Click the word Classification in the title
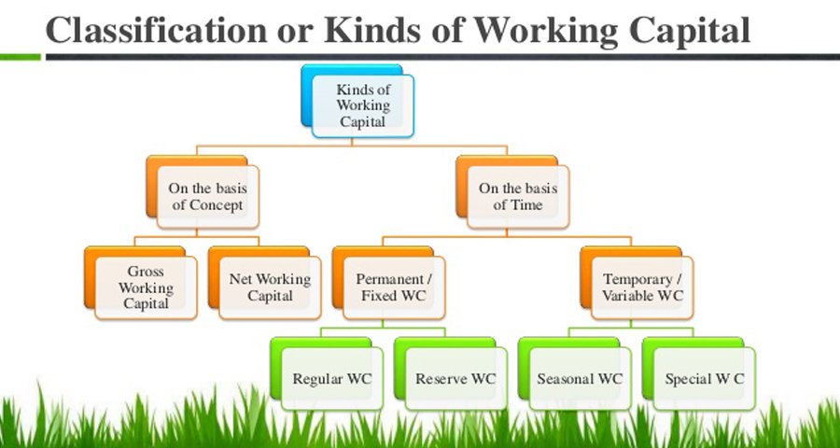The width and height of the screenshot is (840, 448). coord(157,30)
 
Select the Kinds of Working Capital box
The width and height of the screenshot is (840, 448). coord(357,102)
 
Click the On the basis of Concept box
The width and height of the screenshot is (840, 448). coord(203,192)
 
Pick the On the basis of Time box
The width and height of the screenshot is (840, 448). coord(512,192)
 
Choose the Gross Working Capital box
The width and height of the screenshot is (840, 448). coord(140,283)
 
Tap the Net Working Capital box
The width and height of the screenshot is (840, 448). coord(265,283)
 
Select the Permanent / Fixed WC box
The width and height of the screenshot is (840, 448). coord(388,283)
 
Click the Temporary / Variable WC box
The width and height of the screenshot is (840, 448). coord(637,283)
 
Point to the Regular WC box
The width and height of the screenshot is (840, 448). coord(327,374)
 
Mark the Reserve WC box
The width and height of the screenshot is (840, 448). coord(451,374)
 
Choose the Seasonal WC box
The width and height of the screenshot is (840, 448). coord(575,374)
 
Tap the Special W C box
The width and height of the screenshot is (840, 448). coord(699,374)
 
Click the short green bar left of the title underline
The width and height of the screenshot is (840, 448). coord(21,57)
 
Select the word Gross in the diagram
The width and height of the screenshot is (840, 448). coord(146,272)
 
